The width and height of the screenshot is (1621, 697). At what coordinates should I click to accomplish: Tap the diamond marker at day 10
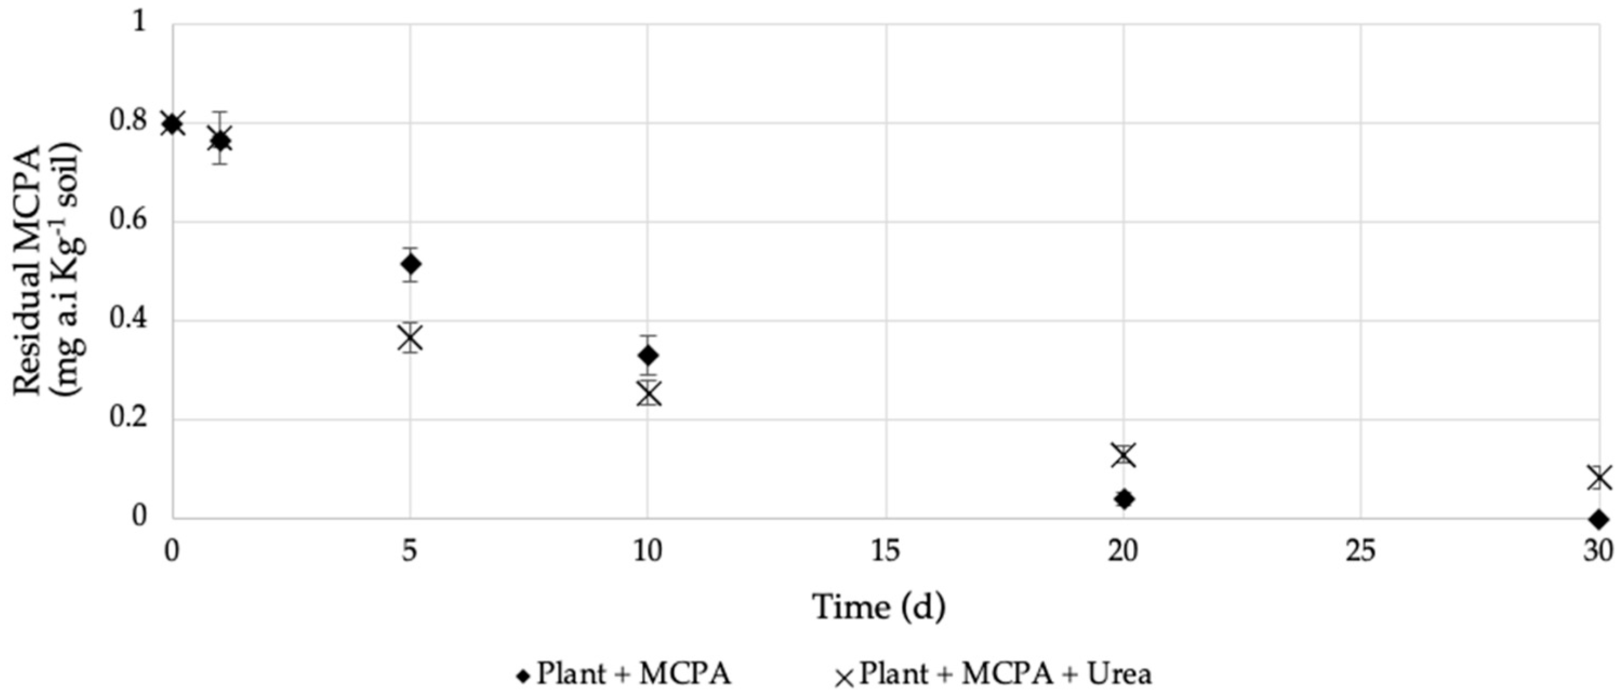[x=648, y=356]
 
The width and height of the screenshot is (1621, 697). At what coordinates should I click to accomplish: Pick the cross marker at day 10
[x=648, y=394]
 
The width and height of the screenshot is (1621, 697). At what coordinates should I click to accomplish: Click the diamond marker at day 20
[x=1124, y=499]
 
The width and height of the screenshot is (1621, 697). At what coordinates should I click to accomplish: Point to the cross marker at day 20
[x=1124, y=455]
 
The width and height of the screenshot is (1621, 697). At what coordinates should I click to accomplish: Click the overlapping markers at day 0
[x=172, y=123]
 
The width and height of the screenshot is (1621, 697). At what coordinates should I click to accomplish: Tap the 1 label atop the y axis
[x=139, y=24]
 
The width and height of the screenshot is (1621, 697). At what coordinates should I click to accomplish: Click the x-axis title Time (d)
[x=879, y=608]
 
